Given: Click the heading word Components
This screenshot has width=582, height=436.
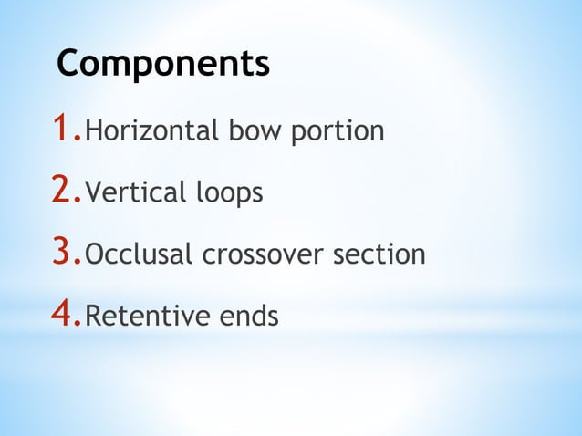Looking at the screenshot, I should (x=163, y=64).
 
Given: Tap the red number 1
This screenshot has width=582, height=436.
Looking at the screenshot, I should (x=63, y=130).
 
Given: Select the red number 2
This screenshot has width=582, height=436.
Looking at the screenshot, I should (x=63, y=191).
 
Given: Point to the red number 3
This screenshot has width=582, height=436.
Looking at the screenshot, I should (x=63, y=253).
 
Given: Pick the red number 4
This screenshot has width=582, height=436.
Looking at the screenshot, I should (x=63, y=315).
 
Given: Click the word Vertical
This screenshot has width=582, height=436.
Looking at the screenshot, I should (x=132, y=193).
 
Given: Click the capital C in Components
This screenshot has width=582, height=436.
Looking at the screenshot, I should (x=68, y=64).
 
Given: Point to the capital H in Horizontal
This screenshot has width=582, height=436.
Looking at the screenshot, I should (x=92, y=131).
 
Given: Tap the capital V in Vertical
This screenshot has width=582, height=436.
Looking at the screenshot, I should (x=92, y=193).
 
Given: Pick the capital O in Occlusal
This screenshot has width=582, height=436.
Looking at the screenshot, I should (x=94, y=254).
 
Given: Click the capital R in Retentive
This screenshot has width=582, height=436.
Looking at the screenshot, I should (x=92, y=317).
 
